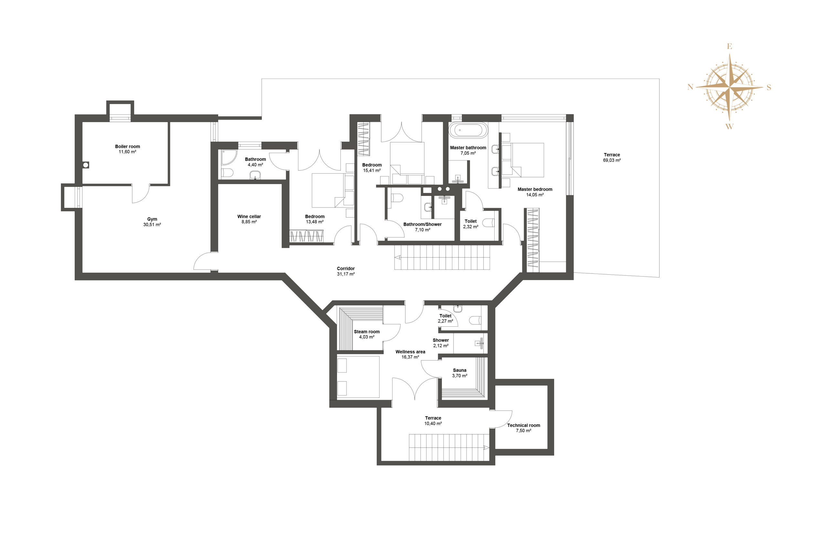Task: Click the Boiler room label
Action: (128, 147)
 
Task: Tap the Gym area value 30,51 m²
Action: (152, 225)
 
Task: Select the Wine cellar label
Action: (249, 216)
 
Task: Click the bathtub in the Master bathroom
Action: (468, 130)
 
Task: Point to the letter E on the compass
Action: (730, 46)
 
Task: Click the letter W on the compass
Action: (729, 126)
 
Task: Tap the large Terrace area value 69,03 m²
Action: (612, 160)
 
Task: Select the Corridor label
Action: (346, 268)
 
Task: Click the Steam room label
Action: (367, 332)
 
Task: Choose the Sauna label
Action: (460, 370)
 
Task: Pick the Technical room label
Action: (524, 425)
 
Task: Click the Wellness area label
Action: (410, 352)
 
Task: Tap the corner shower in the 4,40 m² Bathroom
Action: (229, 157)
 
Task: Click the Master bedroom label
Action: (535, 189)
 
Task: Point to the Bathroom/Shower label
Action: (423, 224)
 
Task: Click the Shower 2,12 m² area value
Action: (441, 346)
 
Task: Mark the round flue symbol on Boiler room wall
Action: (86, 165)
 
